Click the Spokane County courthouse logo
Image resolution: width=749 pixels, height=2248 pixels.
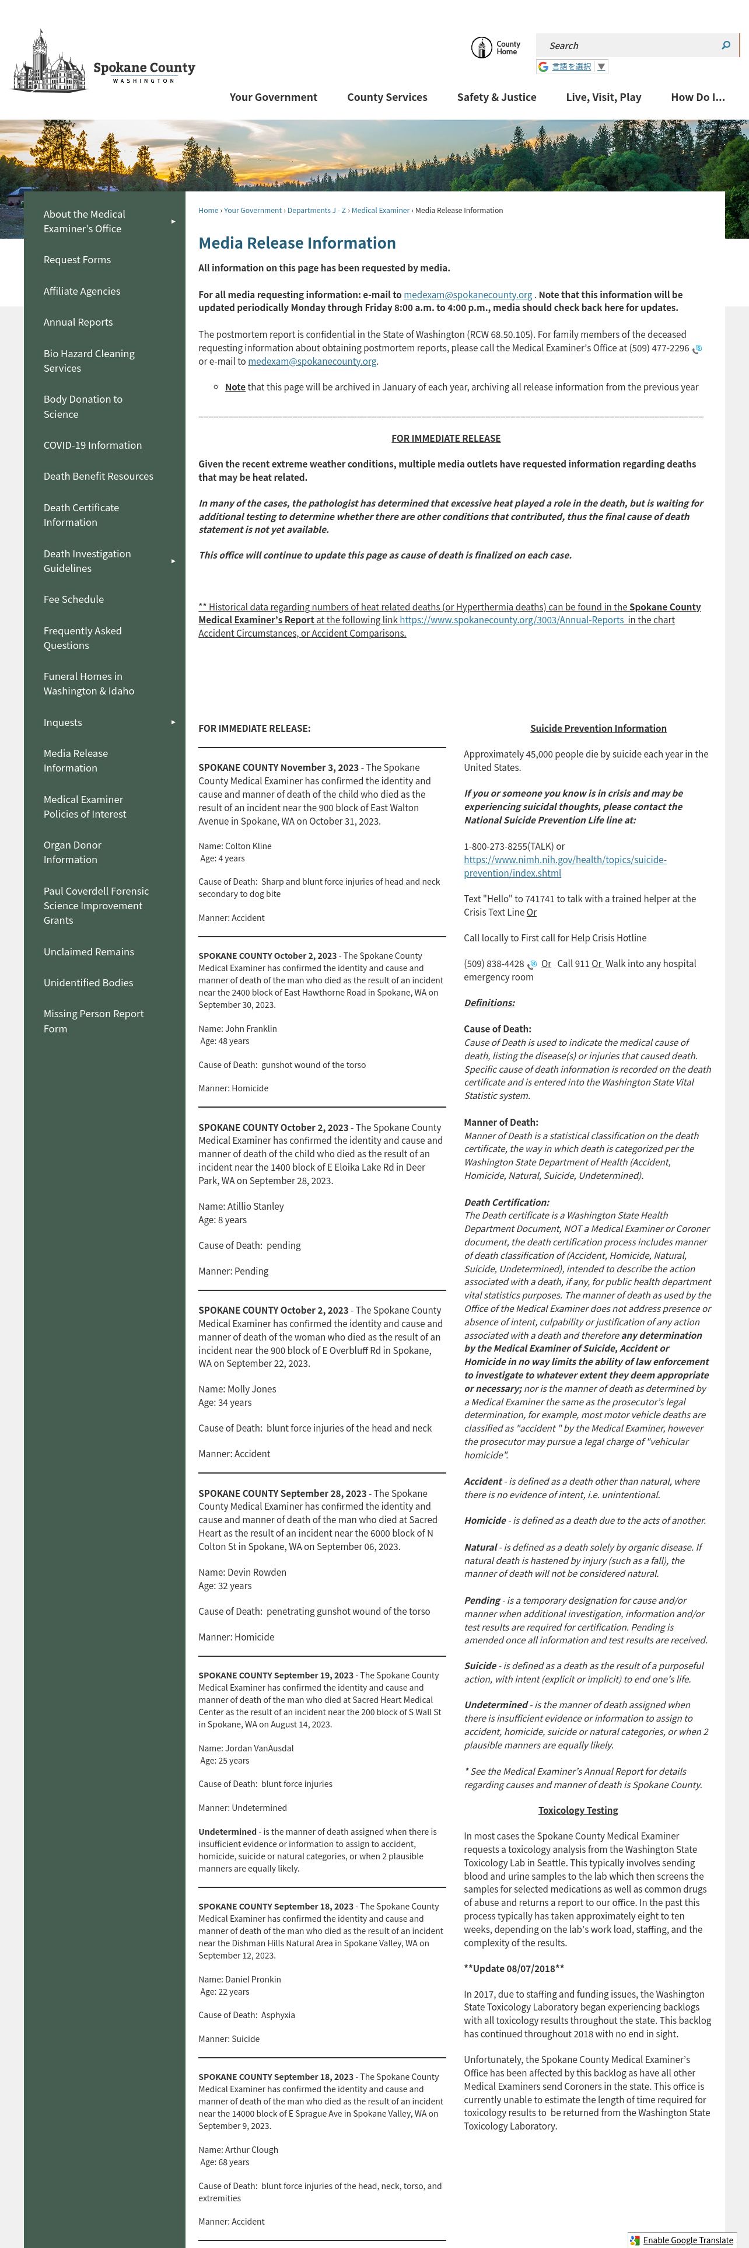pyautogui.click(x=50, y=61)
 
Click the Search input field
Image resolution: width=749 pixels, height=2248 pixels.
pyautogui.click(x=627, y=46)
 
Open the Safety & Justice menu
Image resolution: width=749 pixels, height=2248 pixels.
pyautogui.click(x=496, y=97)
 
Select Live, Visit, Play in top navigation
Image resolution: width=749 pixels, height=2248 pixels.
pyautogui.click(x=603, y=97)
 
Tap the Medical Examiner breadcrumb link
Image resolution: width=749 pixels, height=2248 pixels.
pyautogui.click(x=380, y=210)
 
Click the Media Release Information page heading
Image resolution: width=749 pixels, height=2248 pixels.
pyautogui.click(x=296, y=243)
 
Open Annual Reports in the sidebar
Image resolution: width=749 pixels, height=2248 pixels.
pyautogui.click(x=78, y=322)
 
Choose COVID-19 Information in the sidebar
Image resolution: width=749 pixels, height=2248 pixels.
pyautogui.click(x=92, y=445)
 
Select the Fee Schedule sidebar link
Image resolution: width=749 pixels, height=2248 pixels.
pyautogui.click(x=73, y=599)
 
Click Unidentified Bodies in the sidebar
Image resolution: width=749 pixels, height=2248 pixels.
pyautogui.click(x=88, y=983)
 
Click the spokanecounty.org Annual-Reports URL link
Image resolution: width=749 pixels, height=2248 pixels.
pyautogui.click(x=511, y=620)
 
